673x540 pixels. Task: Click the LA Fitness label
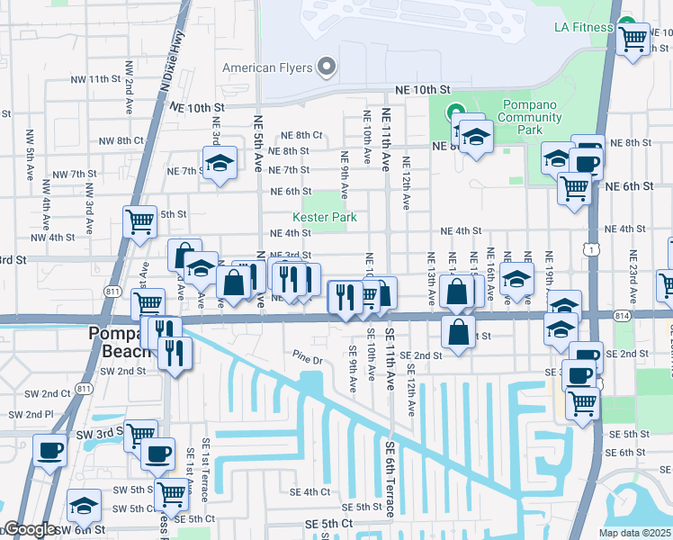coord(583,27)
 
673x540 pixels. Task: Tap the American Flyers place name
coord(267,67)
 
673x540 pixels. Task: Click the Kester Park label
coord(324,217)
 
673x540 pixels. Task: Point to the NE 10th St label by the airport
coord(423,90)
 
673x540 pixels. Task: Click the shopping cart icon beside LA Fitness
coord(634,39)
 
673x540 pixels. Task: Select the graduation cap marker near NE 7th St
coord(219,163)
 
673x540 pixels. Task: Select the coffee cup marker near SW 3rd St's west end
coord(49,448)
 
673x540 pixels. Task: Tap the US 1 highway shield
coord(589,246)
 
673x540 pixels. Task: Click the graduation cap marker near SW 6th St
coord(85,504)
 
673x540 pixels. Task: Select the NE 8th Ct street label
coord(301,135)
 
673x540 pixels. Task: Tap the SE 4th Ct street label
coord(310,492)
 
